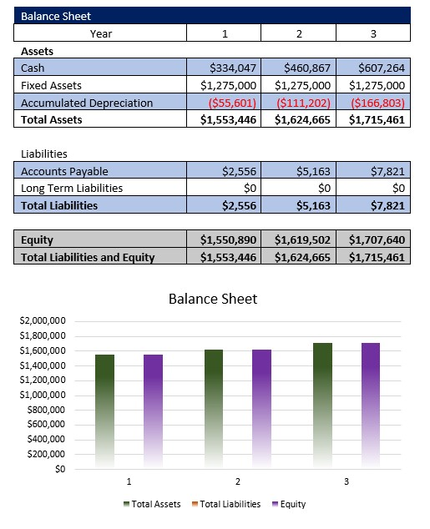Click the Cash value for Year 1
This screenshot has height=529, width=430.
coord(233,68)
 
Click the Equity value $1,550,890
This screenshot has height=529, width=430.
coord(228,240)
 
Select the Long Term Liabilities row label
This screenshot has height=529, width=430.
coord(71,188)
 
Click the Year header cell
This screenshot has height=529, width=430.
coord(100,33)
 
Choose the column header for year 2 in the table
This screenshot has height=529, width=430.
coord(298,33)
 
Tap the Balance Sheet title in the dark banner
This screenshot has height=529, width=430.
coord(56,16)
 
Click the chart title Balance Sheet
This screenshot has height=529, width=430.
coord(213,299)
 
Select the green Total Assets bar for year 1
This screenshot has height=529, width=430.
coord(104,409)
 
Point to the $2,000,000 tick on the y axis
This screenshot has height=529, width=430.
coord(42,321)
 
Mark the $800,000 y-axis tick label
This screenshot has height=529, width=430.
coord(47,410)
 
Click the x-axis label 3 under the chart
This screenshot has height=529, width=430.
coord(347,482)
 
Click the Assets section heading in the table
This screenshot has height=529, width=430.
coord(37,50)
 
